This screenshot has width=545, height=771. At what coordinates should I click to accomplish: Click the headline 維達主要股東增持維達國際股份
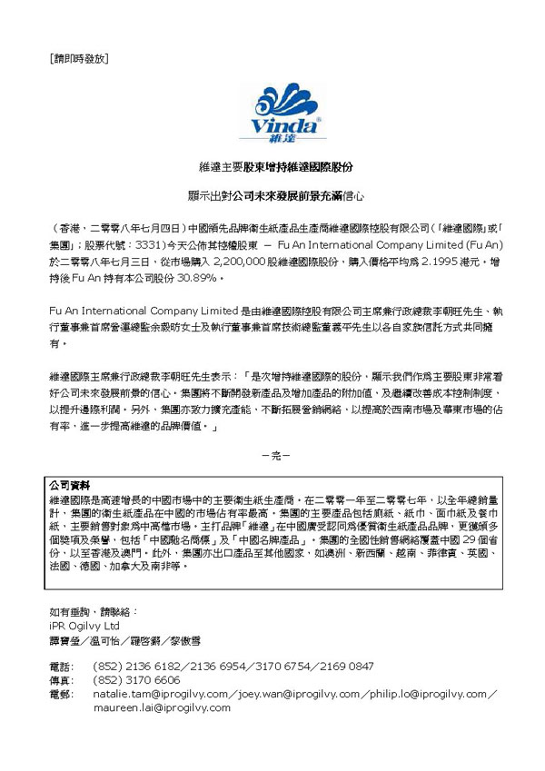tap(275, 169)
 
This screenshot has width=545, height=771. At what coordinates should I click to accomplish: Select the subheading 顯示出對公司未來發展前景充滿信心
tap(275, 195)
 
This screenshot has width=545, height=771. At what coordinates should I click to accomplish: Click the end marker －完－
tap(274, 454)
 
